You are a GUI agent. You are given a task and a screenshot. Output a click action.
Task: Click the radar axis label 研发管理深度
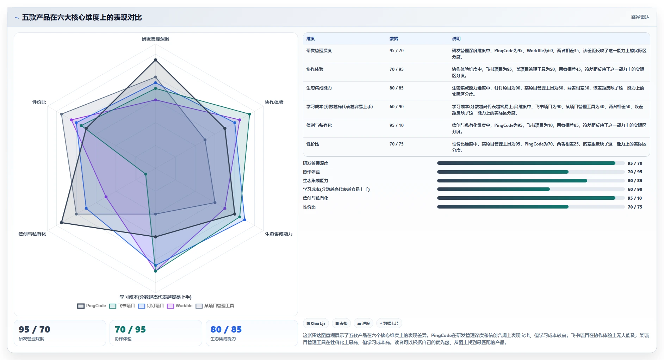click(x=155, y=39)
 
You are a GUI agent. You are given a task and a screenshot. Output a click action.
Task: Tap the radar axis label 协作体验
click(x=274, y=102)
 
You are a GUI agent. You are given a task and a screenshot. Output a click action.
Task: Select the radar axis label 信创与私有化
click(x=32, y=234)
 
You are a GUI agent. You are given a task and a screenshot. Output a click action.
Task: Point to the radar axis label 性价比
click(x=39, y=102)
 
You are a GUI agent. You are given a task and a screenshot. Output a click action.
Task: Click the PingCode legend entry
click(x=92, y=306)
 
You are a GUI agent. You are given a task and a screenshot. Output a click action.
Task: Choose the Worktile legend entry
click(x=180, y=306)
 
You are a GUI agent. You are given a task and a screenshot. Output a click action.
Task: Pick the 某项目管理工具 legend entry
click(x=215, y=306)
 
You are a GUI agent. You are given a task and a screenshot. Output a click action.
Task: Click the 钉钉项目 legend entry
click(x=151, y=306)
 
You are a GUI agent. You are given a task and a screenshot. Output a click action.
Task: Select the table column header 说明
click(x=456, y=39)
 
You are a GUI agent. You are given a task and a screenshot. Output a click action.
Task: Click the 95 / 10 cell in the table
click(x=397, y=125)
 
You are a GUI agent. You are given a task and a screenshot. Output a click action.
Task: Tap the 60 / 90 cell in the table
click(x=397, y=107)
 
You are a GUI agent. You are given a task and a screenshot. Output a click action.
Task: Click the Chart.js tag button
click(x=316, y=323)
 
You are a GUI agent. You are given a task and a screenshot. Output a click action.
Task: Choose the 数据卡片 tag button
click(x=389, y=323)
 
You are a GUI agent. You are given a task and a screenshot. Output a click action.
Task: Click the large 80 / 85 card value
click(x=226, y=329)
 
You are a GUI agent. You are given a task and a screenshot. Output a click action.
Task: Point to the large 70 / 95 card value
click(x=130, y=329)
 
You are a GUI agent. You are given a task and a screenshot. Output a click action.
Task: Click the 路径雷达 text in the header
click(x=640, y=17)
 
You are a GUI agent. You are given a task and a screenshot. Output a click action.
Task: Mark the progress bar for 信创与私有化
click(x=531, y=198)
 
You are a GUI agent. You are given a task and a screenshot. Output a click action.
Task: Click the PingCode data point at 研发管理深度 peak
click(x=155, y=60)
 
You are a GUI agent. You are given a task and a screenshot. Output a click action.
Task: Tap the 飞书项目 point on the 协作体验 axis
click(x=249, y=114)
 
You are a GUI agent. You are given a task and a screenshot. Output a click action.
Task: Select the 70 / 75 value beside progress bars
click(x=635, y=207)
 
